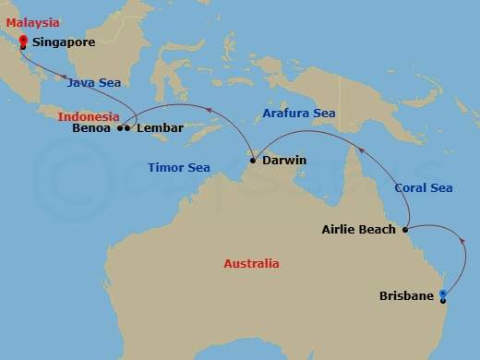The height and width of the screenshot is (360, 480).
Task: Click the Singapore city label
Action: coord(64,42)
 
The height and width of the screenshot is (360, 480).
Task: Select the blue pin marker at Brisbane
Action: coord(443,295)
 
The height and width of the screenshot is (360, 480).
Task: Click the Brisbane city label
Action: coord(406,296)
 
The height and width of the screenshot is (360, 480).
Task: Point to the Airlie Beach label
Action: coord(358,229)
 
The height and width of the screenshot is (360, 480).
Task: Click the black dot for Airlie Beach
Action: coord(404,229)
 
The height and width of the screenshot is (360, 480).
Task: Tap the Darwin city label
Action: coord(284,161)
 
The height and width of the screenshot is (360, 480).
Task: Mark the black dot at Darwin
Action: coord(253,162)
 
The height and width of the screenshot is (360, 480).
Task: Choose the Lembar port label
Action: coord(160,128)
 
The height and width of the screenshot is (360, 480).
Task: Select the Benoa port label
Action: coord(91,128)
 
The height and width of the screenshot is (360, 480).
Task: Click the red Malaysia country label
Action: coord(33,22)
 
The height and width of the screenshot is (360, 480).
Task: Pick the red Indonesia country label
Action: coord(88,117)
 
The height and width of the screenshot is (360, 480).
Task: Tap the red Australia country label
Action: coord(251,264)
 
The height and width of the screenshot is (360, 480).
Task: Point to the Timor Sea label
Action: coord(179,168)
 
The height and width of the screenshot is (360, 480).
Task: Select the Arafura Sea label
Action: coord(298,114)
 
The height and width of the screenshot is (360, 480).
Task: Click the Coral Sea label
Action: coord(424,187)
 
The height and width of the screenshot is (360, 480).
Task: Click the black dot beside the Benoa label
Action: coord(119,128)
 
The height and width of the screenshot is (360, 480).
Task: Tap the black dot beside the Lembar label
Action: coord(126,128)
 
